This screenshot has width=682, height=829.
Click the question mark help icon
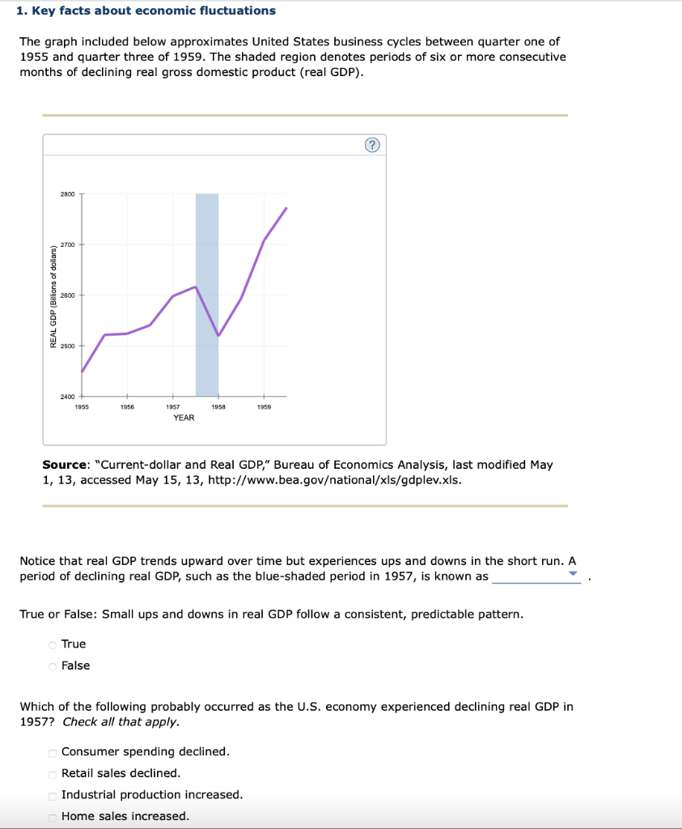tap(371, 145)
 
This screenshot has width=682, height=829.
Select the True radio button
tap(53, 644)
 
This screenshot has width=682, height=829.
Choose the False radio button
tap(53, 666)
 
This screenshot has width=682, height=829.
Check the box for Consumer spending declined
tap(53, 752)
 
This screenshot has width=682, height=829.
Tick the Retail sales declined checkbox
tap(53, 774)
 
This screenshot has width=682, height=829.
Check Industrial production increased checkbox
tap(53, 796)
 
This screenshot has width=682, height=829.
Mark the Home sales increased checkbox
tap(53, 817)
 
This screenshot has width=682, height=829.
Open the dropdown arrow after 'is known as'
tap(573, 575)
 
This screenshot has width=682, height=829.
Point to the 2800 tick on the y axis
tap(67, 194)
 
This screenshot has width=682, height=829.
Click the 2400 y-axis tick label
tap(67, 397)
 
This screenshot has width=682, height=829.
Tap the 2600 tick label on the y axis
tap(67, 295)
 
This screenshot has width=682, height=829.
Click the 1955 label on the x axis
tap(82, 407)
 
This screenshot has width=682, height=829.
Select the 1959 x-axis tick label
tap(264, 407)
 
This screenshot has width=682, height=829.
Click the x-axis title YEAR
tap(184, 418)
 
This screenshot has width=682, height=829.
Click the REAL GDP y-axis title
tap(53, 295)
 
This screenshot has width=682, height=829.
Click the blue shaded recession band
tap(207, 243)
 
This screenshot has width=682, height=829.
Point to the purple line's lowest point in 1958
tap(218, 335)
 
